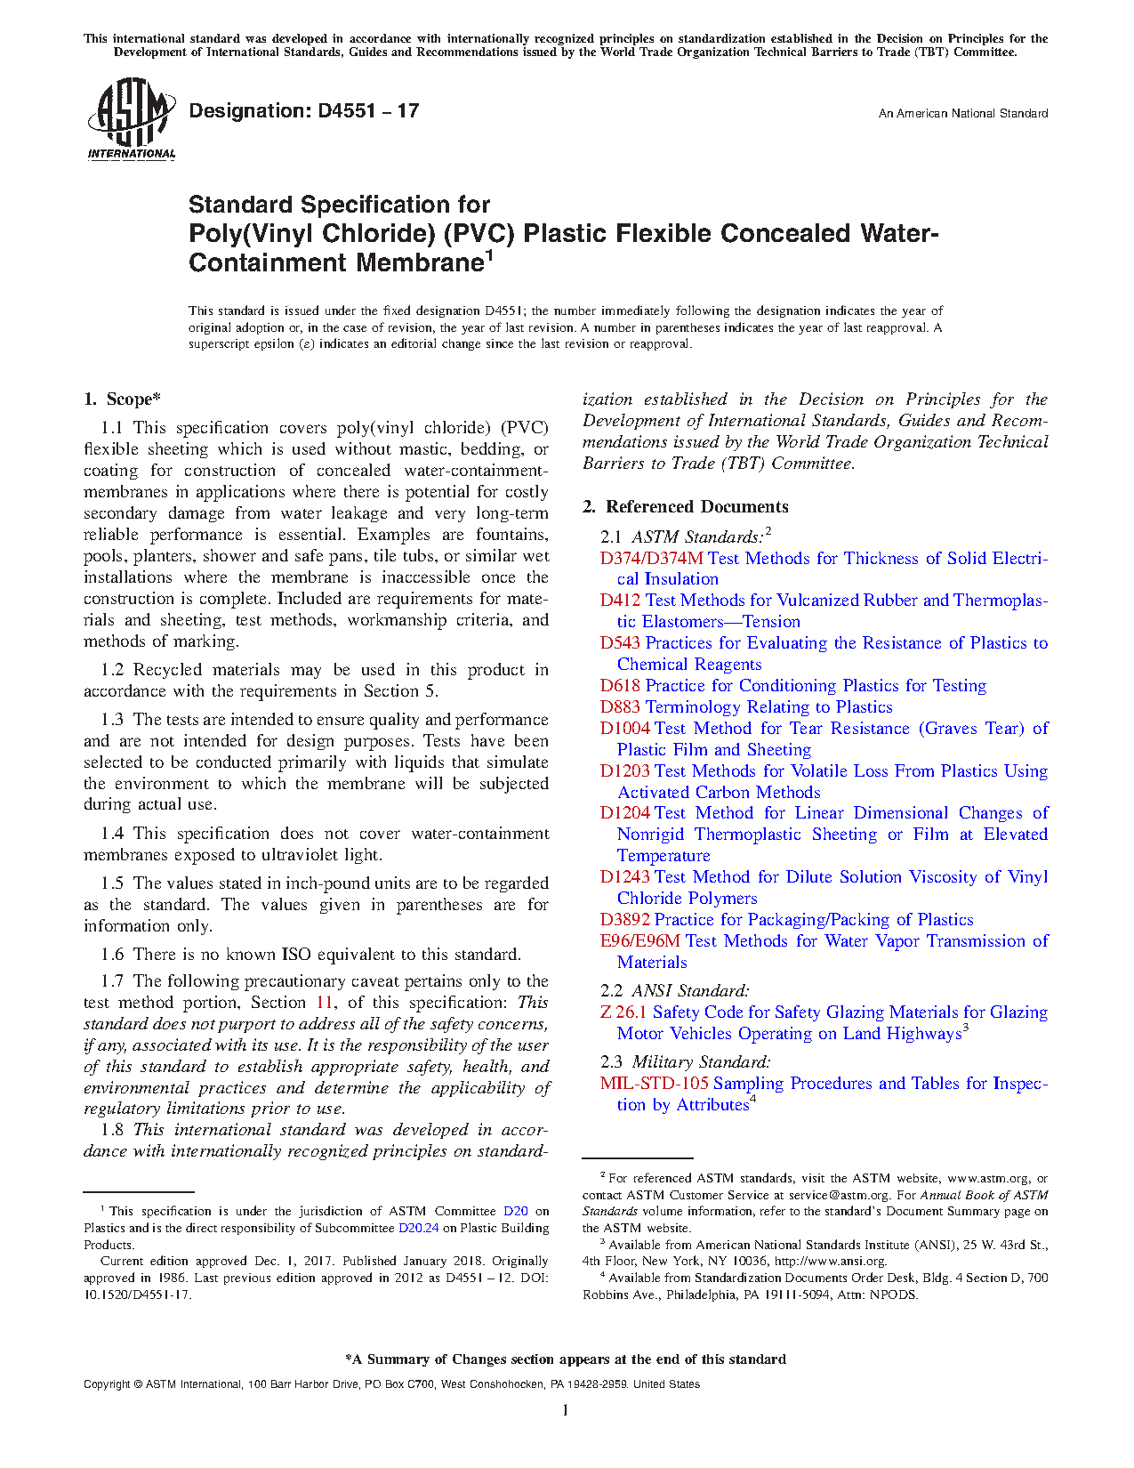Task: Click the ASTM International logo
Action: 131,119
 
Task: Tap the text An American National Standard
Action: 962,114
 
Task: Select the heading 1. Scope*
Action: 122,399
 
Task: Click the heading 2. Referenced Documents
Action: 685,507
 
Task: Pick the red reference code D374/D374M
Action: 651,559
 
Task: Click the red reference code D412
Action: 620,601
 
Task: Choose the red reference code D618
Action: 620,686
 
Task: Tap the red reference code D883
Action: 620,707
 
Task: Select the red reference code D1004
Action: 624,729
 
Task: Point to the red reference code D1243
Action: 624,877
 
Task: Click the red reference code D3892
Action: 624,920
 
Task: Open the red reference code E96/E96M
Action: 639,941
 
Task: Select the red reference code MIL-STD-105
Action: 654,1084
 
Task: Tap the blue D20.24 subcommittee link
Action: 418,1229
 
